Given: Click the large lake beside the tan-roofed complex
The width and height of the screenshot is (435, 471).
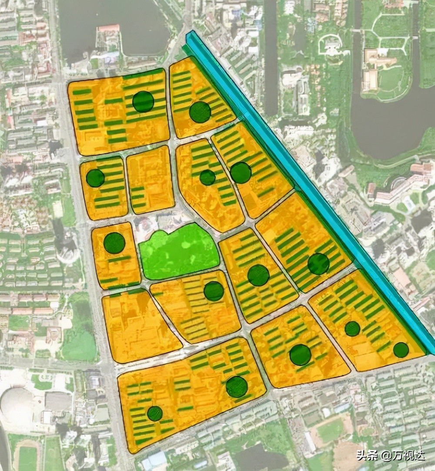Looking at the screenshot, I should pyautogui.click(x=391, y=126).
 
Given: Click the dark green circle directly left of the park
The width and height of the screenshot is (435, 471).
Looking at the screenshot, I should pyautogui.click(x=114, y=243).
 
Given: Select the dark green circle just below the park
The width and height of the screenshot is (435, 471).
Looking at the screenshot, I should pyautogui.click(x=214, y=291).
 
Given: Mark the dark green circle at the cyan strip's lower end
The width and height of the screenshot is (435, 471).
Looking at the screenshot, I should pyautogui.click(x=401, y=350).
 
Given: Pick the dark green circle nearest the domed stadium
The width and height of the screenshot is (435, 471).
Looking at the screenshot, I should pyautogui.click(x=155, y=413).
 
